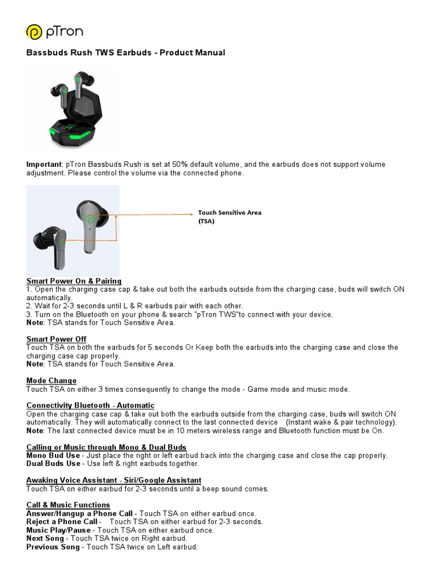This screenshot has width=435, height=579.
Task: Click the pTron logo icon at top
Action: point(35,32)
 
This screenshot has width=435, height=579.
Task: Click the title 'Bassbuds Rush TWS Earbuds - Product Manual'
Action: point(126,53)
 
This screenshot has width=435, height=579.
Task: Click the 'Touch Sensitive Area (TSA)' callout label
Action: point(229,217)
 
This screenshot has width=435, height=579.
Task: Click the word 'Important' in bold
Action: point(43,165)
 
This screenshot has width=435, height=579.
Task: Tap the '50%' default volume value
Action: point(180,165)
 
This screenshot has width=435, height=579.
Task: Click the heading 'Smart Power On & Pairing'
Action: point(74,281)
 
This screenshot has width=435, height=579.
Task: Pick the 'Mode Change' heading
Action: point(52,381)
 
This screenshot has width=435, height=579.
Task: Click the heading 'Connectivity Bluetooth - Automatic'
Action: point(91,405)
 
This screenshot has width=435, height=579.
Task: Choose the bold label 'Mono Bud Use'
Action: point(53,455)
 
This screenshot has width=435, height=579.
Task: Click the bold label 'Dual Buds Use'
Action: point(53,464)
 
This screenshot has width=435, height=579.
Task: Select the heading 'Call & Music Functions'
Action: point(69,505)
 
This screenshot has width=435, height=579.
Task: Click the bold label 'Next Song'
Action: point(45,538)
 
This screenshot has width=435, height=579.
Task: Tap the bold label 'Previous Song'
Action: point(54,547)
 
